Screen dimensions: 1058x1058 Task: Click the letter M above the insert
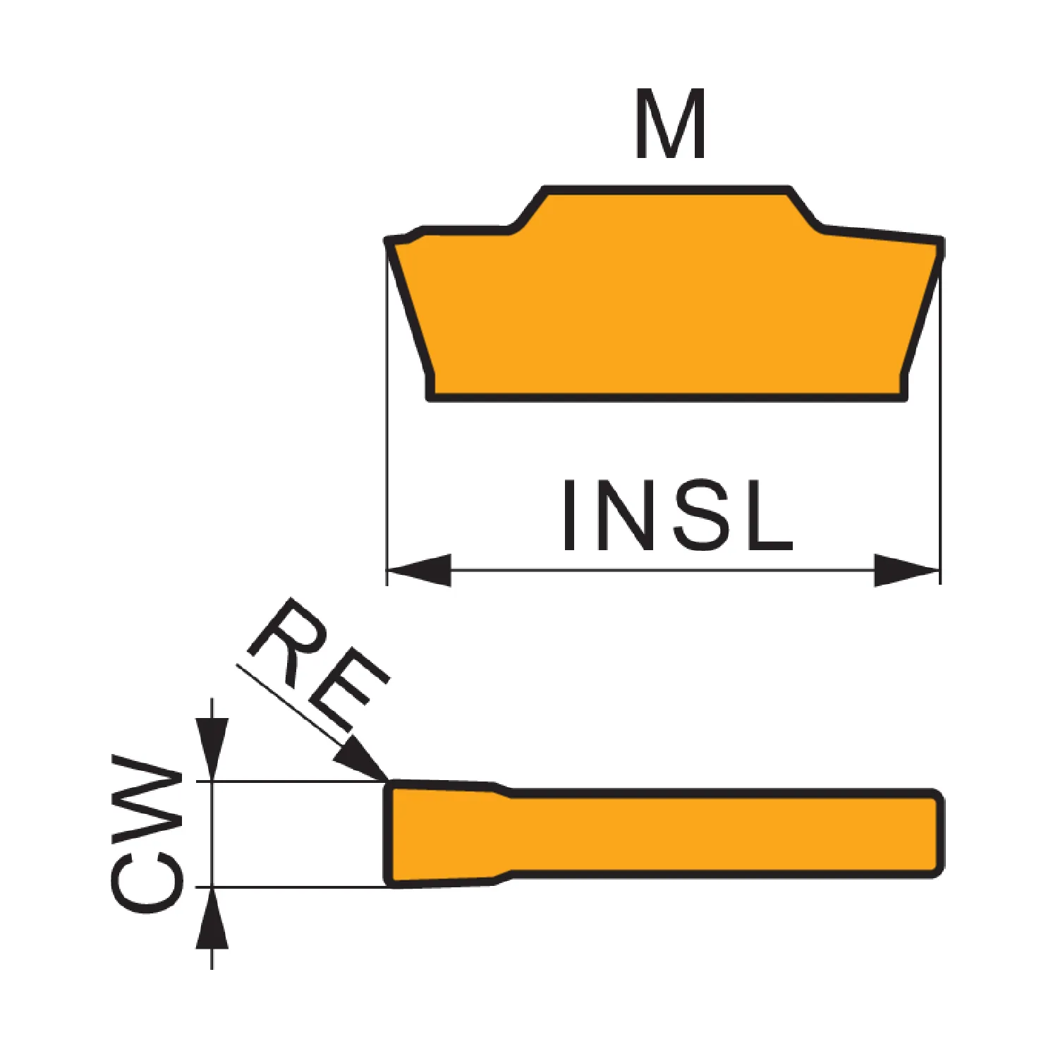pos(670,123)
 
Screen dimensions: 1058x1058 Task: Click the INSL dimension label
pos(678,515)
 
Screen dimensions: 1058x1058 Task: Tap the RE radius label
pos(317,663)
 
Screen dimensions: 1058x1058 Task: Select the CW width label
pos(147,833)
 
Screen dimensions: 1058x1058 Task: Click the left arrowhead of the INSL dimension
pos(420,570)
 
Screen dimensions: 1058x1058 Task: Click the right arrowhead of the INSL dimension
pos(907,570)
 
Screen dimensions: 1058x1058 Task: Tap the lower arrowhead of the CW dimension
pos(212,918)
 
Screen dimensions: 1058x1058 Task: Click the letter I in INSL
pos(569,515)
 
